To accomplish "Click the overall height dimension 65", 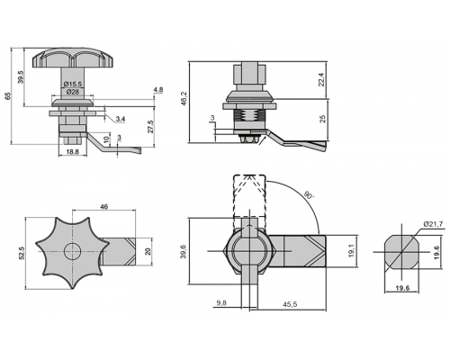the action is coord(8,96).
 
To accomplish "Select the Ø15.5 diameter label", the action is coord(73,85).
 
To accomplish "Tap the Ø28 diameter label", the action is coord(73,92).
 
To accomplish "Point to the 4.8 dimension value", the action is coord(158,90).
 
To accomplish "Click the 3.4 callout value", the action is coord(121,119).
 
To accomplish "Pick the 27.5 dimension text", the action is coord(150,127).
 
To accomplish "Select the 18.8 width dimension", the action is coord(72,152).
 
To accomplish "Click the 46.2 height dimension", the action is coord(184,98).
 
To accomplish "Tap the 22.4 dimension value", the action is coord(321,80).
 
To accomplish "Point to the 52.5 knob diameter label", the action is coord(22,253).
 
